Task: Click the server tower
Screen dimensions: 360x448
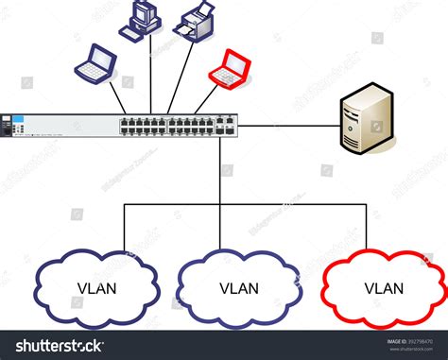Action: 367,117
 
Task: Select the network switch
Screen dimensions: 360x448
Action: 123,125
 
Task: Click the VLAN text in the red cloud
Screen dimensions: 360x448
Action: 384,288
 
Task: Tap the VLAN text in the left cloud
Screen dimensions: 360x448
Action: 95,288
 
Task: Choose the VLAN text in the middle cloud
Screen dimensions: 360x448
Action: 238,288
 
